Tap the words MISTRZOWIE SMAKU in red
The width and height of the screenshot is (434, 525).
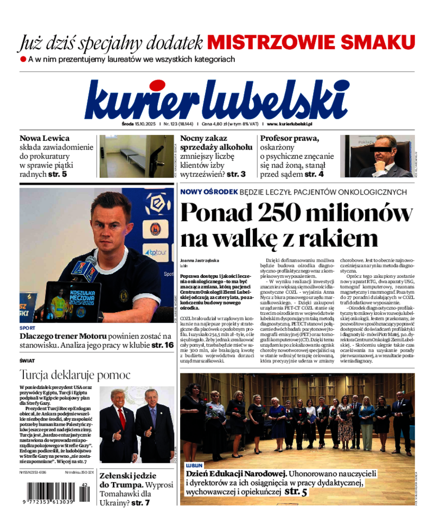[x=311, y=42]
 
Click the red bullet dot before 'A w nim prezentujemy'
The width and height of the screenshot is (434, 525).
[x=23, y=59]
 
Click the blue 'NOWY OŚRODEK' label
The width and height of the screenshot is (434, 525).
[x=209, y=192]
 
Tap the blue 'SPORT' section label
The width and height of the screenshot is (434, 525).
[x=27, y=328]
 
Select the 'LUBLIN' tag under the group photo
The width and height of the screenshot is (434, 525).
[x=194, y=465]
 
